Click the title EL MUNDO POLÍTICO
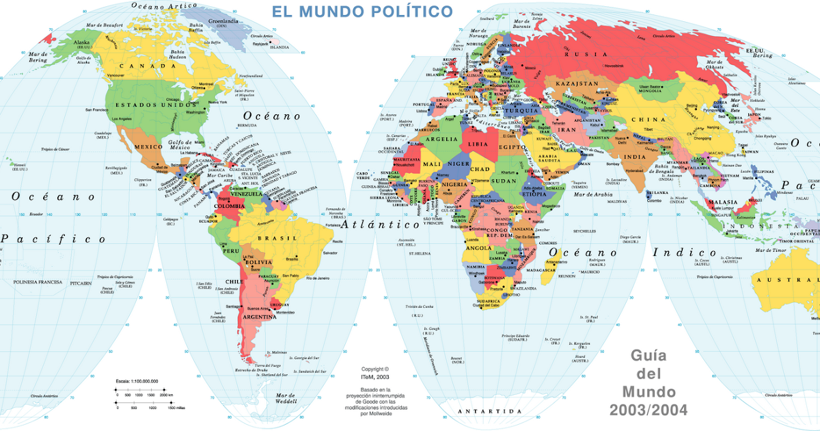pyautogui.click(x=362, y=12)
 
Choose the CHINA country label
pyautogui.click(x=648, y=119)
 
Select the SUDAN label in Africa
pyautogui.click(x=504, y=181)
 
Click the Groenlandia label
pyautogui.click(x=223, y=21)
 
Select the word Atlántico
pyautogui.click(x=380, y=224)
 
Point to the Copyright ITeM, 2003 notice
pyautogui.click(x=375, y=372)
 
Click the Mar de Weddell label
pyautogui.click(x=285, y=398)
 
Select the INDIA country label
pyautogui.click(x=634, y=156)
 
